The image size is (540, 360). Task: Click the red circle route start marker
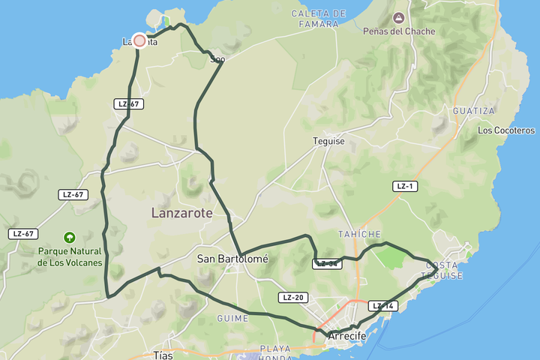(139, 40)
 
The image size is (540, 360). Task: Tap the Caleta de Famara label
(319, 19)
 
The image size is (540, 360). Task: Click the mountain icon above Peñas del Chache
(397, 17)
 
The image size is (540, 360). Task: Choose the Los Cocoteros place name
(506, 130)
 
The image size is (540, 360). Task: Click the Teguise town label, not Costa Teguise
(328, 140)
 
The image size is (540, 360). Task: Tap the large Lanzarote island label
(182, 213)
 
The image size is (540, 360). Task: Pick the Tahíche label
(361, 234)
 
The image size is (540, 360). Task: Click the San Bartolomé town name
(232, 259)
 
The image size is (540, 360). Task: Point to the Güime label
(232, 318)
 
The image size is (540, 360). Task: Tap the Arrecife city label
(347, 337)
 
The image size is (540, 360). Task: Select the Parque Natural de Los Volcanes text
(70, 256)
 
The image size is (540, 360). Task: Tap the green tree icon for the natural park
(70, 236)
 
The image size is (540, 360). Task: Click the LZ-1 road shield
(405, 186)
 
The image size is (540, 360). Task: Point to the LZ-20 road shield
(292, 298)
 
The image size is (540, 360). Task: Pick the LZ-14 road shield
(382, 306)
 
